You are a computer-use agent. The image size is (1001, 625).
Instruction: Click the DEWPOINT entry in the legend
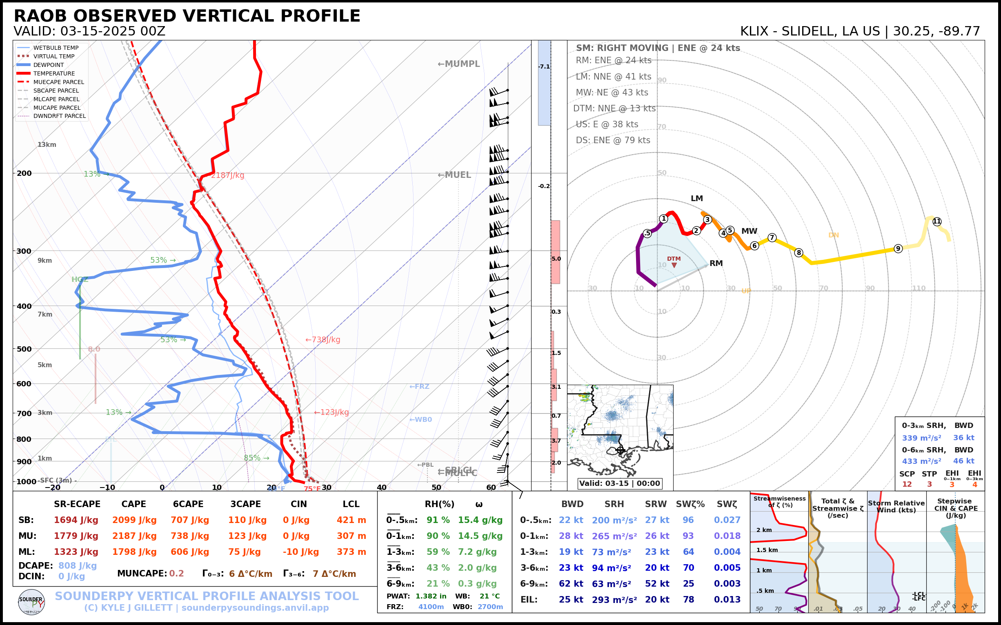coord(49,65)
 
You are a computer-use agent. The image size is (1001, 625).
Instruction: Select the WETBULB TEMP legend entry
coord(56,48)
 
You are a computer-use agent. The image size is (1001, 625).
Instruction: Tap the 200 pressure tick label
coord(24,173)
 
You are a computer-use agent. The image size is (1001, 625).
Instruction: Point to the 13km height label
coord(47,145)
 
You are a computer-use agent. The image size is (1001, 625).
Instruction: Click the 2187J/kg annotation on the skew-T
coord(227,175)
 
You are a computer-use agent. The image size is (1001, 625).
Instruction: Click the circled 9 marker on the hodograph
coord(898,248)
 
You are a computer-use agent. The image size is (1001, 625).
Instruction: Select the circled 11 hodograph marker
coord(937,222)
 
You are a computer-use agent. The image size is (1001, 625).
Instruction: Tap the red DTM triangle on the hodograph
coord(674,265)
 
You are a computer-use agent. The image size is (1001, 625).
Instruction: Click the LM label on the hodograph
coord(696,198)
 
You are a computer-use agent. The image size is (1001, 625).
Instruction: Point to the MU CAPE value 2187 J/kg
coord(134,536)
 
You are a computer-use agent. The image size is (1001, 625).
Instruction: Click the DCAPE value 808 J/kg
coord(77,565)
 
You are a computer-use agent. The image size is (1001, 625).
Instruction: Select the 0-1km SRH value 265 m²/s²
coord(614,536)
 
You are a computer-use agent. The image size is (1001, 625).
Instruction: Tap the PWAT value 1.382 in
coord(431,596)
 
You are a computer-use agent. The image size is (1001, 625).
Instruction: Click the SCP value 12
coord(907,485)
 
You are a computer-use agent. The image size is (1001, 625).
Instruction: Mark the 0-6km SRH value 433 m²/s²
coord(921,461)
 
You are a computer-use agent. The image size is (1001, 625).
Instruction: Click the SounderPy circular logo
coord(31,602)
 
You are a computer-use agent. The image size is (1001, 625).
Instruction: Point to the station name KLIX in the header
coord(754,31)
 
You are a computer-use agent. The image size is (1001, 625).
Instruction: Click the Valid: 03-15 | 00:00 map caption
coord(619,483)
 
